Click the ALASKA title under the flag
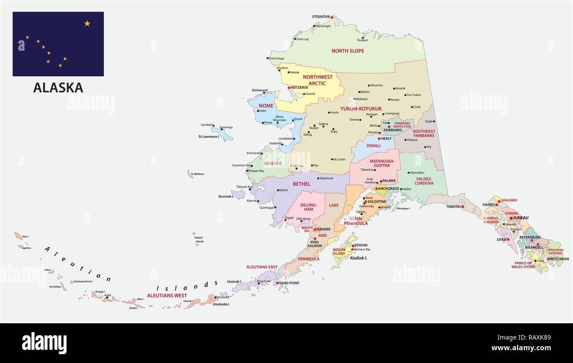(58, 88)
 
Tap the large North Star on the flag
(87, 23)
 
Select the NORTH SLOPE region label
(348, 51)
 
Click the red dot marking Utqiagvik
(332, 17)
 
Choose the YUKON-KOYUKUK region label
(361, 108)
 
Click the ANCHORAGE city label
(388, 189)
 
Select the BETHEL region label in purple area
(301, 184)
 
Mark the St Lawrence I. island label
(208, 136)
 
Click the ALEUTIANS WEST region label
(167, 295)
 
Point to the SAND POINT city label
(289, 283)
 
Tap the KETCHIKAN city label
(559, 259)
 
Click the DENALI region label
(373, 146)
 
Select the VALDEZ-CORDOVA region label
(424, 181)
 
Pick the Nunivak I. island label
(226, 196)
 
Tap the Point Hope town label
(276, 58)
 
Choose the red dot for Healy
(379, 139)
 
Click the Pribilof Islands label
(199, 239)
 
